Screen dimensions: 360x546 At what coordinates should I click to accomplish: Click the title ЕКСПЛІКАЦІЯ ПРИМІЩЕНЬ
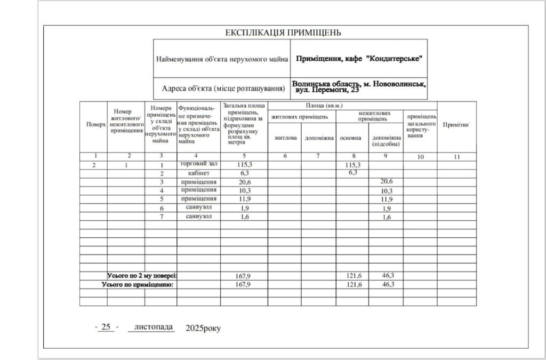click(283, 33)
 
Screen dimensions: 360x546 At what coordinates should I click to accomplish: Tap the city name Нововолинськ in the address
click(398, 84)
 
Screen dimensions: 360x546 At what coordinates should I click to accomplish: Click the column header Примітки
click(456, 124)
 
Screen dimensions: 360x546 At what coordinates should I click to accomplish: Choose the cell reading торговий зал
click(199, 165)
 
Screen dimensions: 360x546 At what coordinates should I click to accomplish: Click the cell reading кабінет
click(199, 173)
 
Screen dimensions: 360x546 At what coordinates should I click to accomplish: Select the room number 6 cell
click(161, 207)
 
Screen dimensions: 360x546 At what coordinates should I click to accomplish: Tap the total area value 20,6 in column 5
click(244, 182)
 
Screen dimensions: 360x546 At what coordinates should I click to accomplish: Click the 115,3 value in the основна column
click(353, 165)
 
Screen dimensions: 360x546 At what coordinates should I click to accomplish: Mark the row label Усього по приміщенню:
click(138, 285)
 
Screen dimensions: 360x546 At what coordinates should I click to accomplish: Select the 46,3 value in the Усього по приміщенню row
click(388, 285)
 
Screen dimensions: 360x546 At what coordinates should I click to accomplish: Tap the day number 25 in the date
click(106, 326)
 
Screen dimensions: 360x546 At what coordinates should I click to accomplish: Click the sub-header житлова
click(285, 138)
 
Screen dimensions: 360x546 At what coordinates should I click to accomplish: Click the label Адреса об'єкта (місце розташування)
click(222, 88)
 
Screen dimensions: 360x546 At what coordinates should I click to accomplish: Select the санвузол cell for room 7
click(199, 217)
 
